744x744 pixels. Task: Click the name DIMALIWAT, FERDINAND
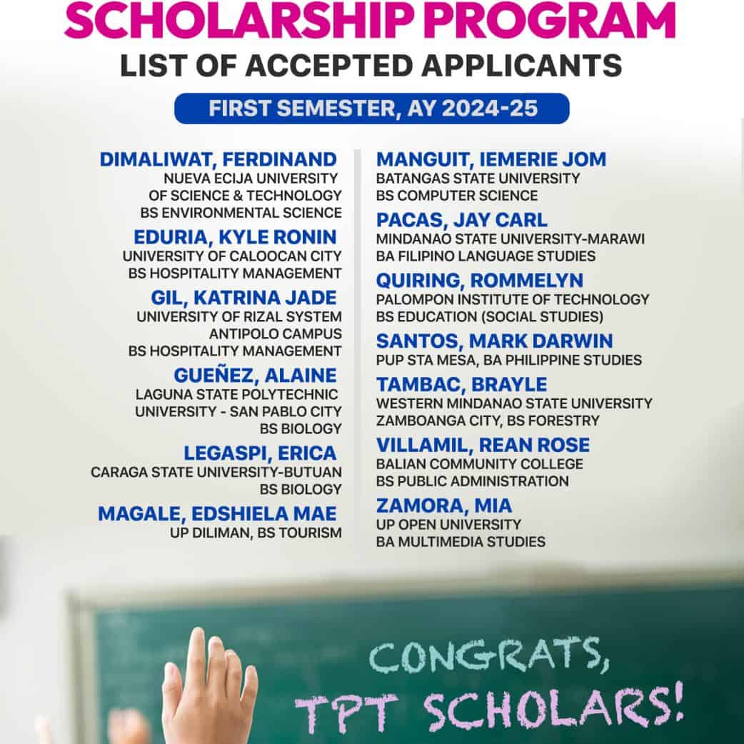[218, 159]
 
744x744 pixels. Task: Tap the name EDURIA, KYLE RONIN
[235, 237]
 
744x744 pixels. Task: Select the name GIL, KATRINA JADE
[243, 297]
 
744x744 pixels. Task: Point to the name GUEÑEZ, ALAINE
[255, 375]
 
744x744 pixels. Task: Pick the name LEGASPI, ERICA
[260, 453]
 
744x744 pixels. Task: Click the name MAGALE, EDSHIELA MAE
[217, 513]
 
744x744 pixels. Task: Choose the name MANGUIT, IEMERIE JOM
[491, 159]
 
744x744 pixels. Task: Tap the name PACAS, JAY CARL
[462, 220]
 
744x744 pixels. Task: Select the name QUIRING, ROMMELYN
[480, 280]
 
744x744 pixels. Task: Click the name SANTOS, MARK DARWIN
[495, 341]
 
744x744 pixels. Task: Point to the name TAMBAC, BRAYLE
[462, 384]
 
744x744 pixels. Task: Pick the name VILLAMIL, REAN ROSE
[483, 445]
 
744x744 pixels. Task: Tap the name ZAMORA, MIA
[444, 506]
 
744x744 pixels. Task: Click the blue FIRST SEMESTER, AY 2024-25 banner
[372, 109]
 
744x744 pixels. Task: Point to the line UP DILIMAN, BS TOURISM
[256, 533]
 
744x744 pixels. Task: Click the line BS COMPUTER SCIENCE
[457, 196]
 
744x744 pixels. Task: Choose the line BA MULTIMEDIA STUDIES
[461, 542]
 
